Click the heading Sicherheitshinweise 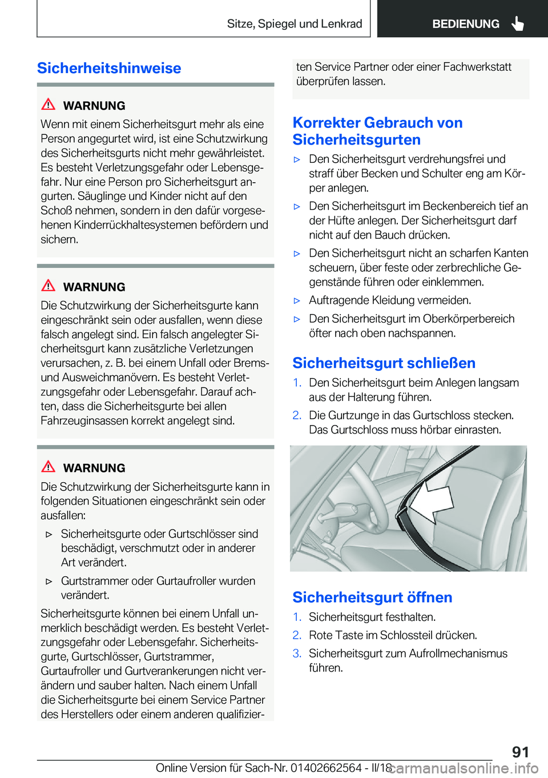point(109,68)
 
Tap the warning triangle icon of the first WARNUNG point(49,105)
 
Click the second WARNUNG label point(94,287)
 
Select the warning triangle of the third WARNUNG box point(49,466)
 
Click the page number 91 point(520,752)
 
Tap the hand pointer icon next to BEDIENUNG point(518,23)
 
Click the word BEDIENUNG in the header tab point(465,24)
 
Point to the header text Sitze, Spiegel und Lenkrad point(295,24)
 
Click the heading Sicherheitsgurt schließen point(384,363)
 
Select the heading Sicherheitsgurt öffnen point(372,597)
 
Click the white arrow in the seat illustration point(431,500)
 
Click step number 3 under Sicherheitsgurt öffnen point(297,653)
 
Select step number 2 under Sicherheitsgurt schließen point(297,415)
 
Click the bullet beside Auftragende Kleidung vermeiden point(297,300)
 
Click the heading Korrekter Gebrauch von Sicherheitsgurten point(377,131)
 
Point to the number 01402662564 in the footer point(326,768)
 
